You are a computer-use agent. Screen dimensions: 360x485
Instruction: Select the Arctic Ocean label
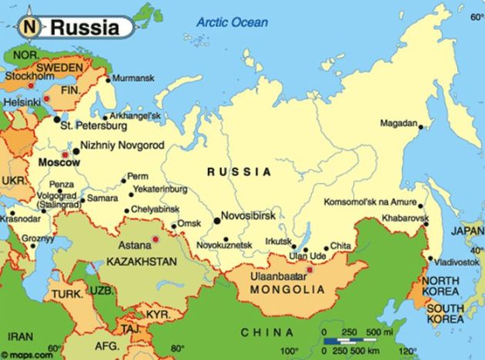(231, 22)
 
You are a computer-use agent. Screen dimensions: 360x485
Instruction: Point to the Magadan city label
(398, 123)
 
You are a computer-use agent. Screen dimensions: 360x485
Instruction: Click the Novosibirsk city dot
(217, 220)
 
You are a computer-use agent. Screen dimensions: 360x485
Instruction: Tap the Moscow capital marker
(65, 155)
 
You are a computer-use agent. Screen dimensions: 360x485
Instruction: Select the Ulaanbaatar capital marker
(310, 269)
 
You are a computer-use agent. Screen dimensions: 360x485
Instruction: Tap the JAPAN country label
(467, 230)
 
